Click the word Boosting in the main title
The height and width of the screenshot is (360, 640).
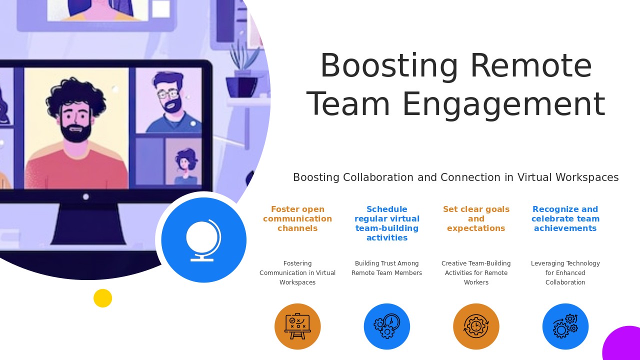[x=389, y=66]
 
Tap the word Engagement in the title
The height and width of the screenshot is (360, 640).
[x=503, y=104]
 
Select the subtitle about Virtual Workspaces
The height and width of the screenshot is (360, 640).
[x=455, y=177]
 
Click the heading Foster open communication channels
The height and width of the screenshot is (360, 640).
[x=297, y=219]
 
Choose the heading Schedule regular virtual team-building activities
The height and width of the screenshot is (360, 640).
[x=387, y=223]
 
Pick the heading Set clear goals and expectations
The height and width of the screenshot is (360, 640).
[x=476, y=219]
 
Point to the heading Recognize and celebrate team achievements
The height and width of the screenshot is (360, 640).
[x=565, y=219]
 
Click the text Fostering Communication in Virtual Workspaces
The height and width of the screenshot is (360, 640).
[x=297, y=273]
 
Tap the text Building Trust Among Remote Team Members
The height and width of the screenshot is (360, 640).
[x=387, y=268]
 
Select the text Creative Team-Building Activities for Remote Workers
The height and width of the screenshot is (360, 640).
[x=476, y=273]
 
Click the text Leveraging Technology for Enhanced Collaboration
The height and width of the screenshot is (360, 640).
[x=565, y=273]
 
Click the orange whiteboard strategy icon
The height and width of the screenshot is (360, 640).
[x=297, y=326]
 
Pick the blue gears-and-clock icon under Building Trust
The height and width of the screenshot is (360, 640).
[x=387, y=326]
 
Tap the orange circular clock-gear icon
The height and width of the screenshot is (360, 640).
[x=476, y=326]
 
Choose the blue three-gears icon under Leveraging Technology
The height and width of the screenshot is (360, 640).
[x=565, y=326]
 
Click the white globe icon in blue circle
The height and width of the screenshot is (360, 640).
[x=203, y=240]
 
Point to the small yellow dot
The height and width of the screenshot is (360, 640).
[x=102, y=298]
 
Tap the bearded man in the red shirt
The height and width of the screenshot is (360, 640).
[x=76, y=135]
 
